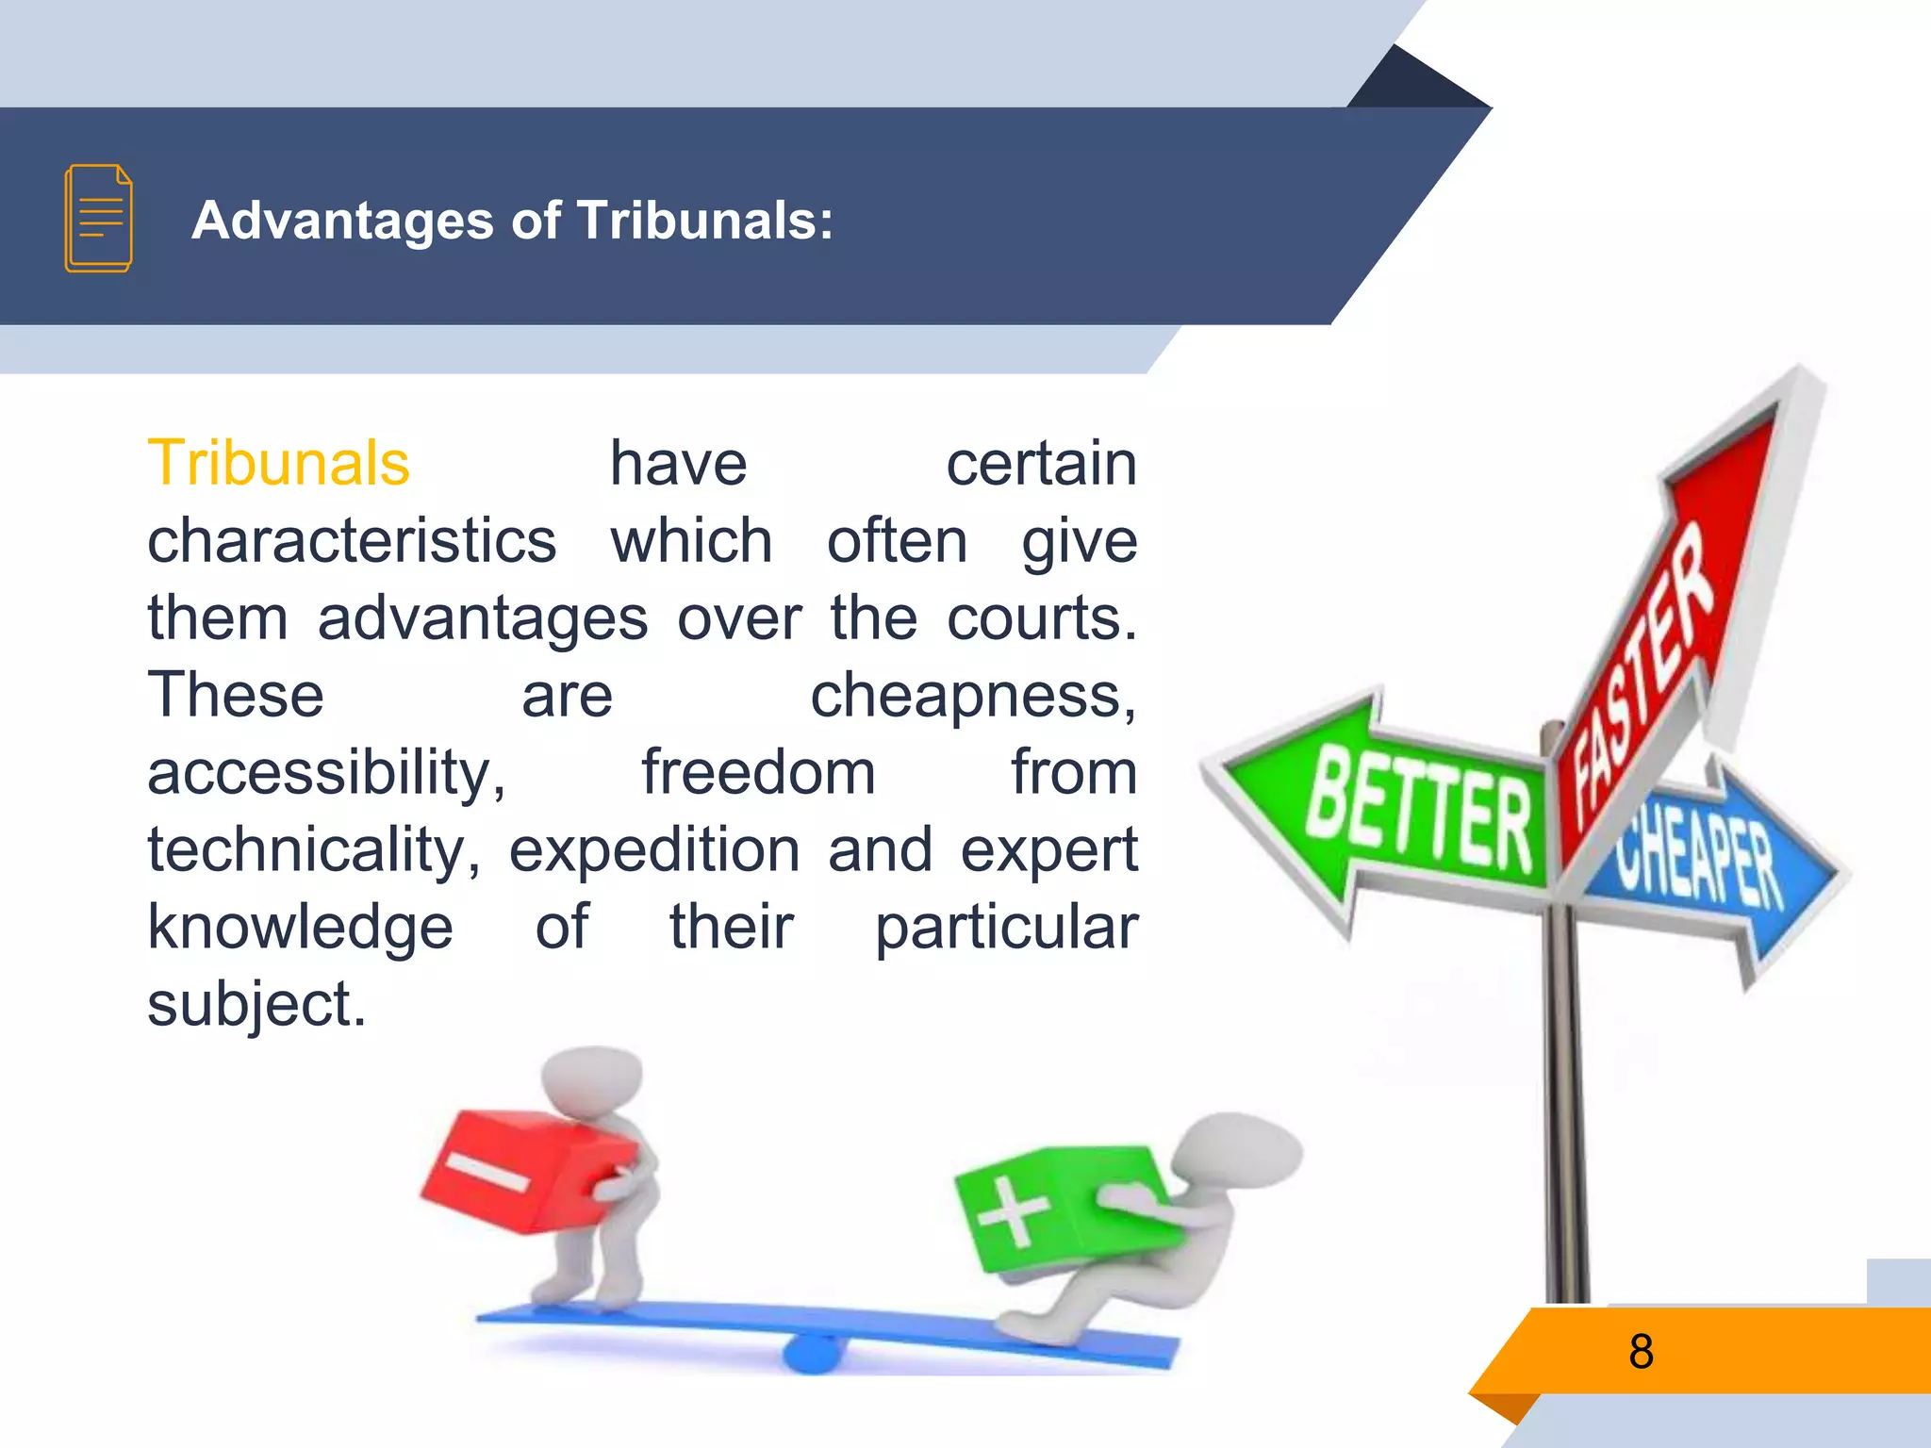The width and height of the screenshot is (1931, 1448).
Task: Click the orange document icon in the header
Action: [x=98, y=219]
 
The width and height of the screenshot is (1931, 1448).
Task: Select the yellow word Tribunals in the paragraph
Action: [x=279, y=464]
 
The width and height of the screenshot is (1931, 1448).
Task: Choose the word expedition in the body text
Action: [x=654, y=850]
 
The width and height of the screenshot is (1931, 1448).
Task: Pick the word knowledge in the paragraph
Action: [x=300, y=928]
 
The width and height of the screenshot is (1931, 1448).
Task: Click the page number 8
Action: [x=1641, y=1351]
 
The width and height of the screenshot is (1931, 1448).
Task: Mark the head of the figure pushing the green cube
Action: [x=1245, y=1150]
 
